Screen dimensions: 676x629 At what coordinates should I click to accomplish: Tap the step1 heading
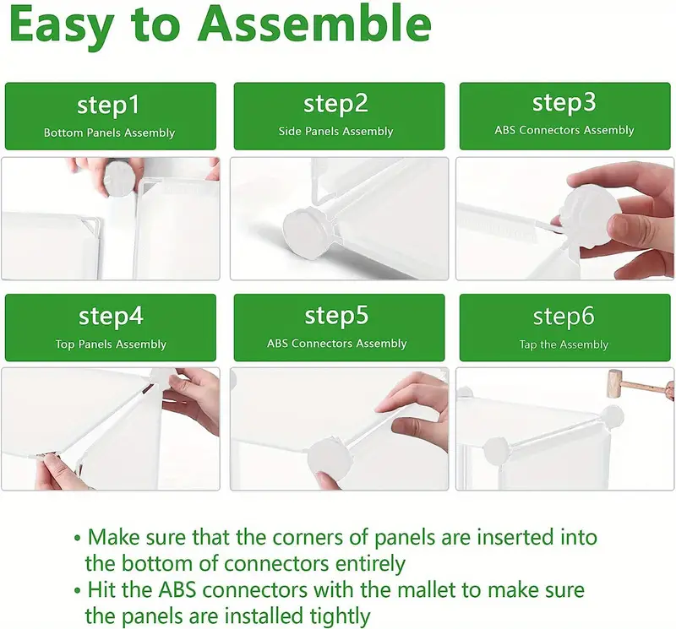(x=108, y=106)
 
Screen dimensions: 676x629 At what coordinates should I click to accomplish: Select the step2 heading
(x=335, y=104)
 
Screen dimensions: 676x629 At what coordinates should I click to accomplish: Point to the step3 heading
(x=564, y=103)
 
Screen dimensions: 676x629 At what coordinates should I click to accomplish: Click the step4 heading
(x=111, y=317)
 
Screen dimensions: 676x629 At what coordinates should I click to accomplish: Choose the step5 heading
(x=336, y=316)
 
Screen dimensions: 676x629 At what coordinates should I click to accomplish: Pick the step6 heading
(x=564, y=317)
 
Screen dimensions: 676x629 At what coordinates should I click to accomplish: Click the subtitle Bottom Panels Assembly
(x=110, y=133)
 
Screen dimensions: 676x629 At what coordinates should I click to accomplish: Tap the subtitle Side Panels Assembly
(x=335, y=131)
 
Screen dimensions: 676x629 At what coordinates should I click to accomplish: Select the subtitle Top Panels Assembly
(x=111, y=344)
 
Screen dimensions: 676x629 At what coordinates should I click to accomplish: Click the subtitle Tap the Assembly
(x=564, y=344)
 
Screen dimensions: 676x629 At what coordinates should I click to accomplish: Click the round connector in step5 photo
(x=330, y=460)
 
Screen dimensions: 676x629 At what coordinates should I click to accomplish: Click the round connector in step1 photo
(x=119, y=176)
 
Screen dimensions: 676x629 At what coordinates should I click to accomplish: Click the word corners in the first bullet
(x=320, y=538)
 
